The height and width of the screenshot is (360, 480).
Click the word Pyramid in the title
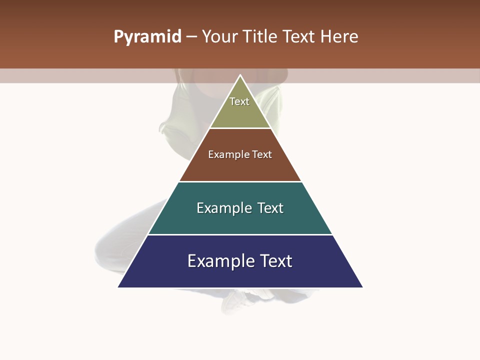tap(147, 37)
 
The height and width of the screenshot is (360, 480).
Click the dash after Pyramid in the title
tap(191, 37)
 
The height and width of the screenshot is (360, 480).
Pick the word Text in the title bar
tap(299, 37)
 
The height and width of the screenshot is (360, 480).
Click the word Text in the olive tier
tap(239, 101)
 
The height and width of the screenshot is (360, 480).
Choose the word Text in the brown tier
tap(262, 155)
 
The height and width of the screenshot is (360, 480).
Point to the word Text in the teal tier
tap(270, 208)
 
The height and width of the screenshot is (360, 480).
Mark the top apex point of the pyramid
tap(240, 75)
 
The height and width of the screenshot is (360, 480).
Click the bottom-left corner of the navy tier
tap(119, 287)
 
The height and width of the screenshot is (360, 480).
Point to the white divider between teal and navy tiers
tap(240, 234)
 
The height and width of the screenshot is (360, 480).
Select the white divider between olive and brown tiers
tap(240, 128)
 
